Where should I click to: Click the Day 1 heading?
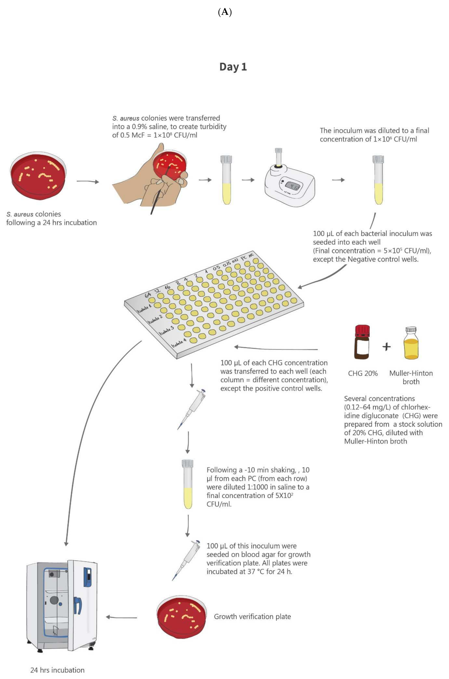coord(233,67)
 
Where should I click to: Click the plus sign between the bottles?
coord(386,347)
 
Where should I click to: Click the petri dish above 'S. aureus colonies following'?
coord(38,175)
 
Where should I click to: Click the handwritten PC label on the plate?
coord(244,258)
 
